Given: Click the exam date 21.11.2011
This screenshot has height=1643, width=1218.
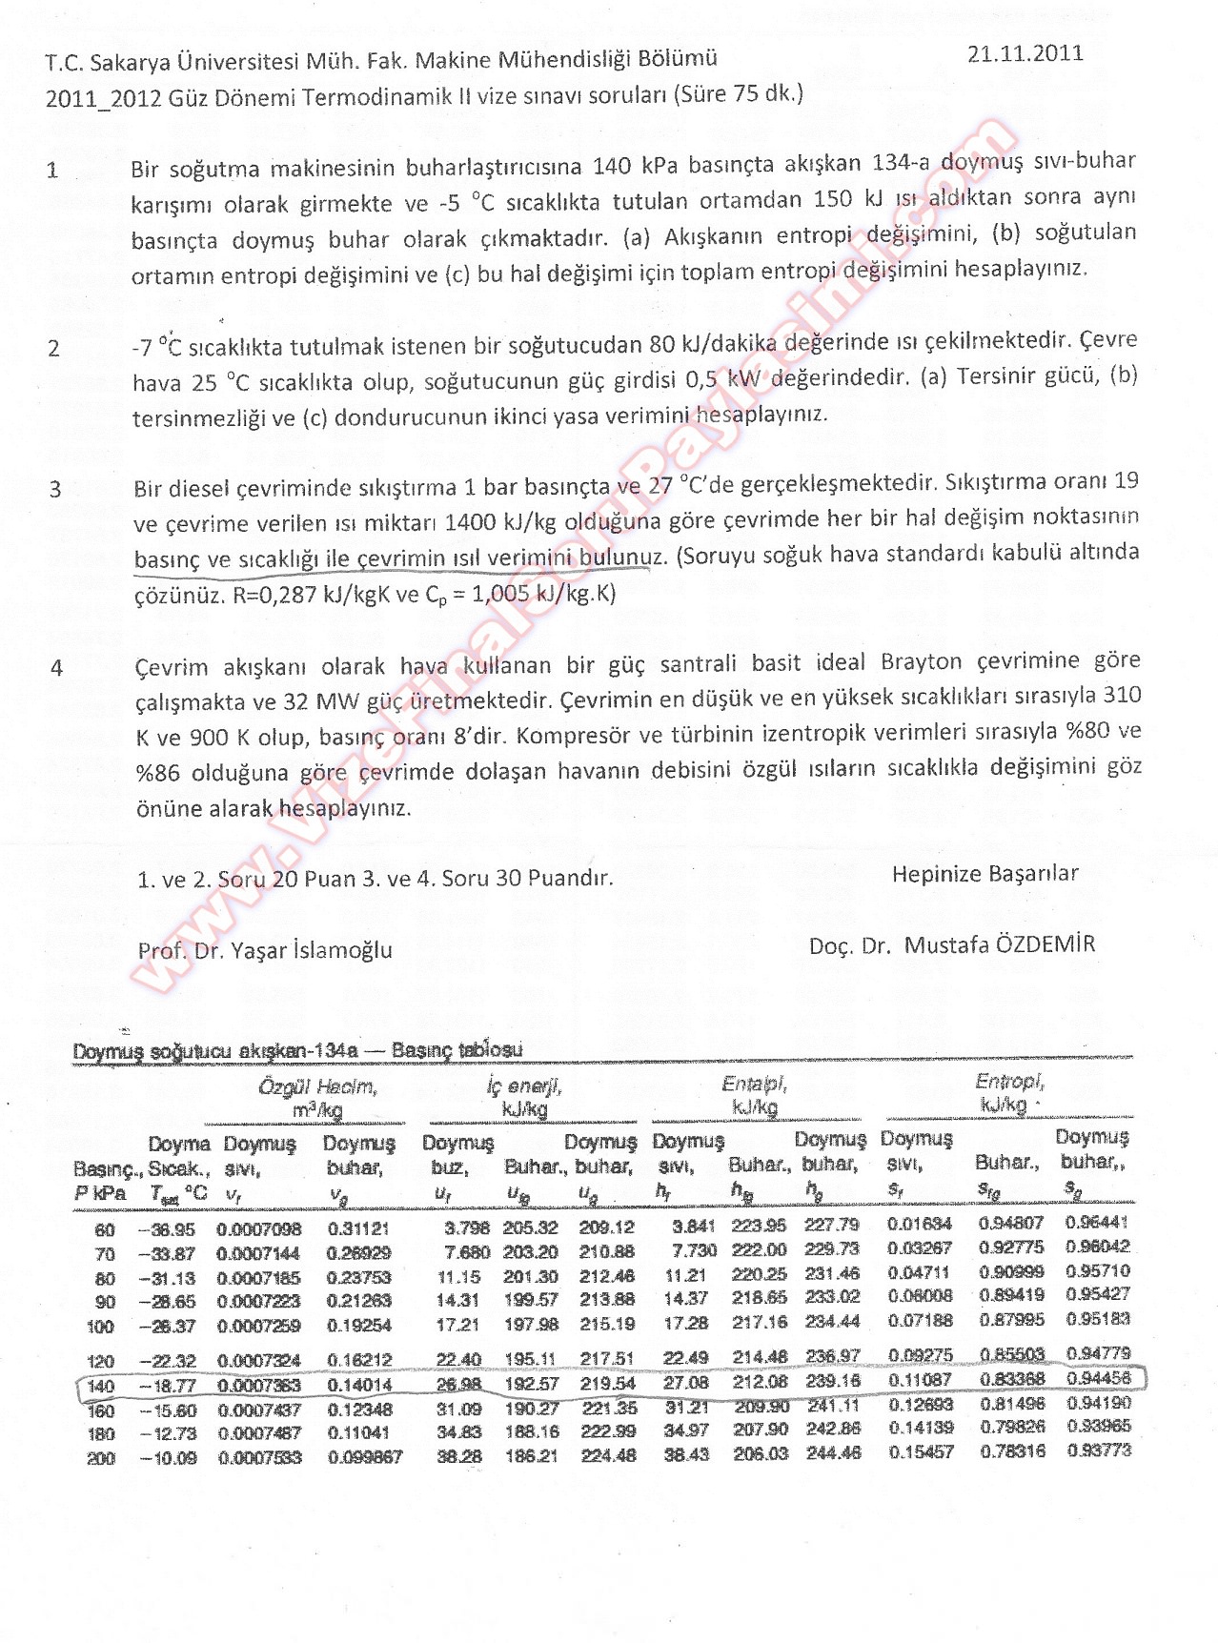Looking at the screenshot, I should (1025, 53).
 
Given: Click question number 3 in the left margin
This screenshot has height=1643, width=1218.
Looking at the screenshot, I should (55, 489).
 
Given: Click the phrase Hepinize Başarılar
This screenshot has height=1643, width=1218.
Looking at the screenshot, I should (985, 873).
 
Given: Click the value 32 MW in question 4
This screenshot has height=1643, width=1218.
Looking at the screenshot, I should (320, 701).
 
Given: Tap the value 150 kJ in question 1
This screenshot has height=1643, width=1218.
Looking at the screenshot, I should (848, 199).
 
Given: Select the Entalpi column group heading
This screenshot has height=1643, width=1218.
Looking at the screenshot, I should (754, 1085).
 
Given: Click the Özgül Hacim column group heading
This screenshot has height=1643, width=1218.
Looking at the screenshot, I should (317, 1087).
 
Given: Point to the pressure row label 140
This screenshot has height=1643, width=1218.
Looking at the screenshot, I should (101, 1386).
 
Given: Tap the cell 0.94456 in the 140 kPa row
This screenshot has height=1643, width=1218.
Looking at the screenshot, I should (1098, 1378).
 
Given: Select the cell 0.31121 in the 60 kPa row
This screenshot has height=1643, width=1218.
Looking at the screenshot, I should (357, 1228).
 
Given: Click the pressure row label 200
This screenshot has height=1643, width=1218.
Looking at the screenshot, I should (101, 1458).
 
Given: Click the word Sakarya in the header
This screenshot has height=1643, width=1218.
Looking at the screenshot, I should (127, 63).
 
